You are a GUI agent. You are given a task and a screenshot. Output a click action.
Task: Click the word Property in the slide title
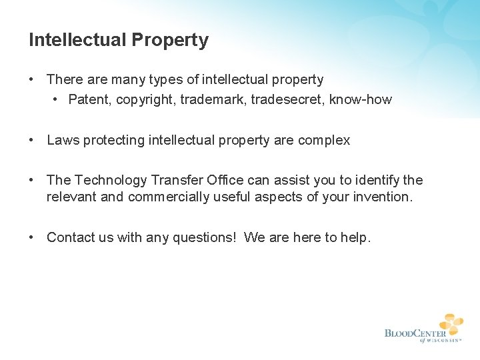[170, 41]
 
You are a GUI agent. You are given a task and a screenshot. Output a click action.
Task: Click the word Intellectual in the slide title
[77, 41]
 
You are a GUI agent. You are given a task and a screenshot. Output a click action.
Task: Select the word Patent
[87, 100]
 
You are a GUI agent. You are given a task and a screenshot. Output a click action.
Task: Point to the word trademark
[211, 100]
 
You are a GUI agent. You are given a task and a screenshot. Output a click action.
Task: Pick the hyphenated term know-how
[361, 100]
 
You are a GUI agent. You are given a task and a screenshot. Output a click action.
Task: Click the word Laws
[63, 141]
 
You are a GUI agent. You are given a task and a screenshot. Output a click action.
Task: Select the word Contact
[71, 237]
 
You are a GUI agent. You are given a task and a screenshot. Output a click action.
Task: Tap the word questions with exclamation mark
[205, 237]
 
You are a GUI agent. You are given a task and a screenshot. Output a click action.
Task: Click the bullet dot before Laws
[32, 140]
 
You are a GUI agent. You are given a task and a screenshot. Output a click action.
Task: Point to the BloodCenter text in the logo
[415, 333]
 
